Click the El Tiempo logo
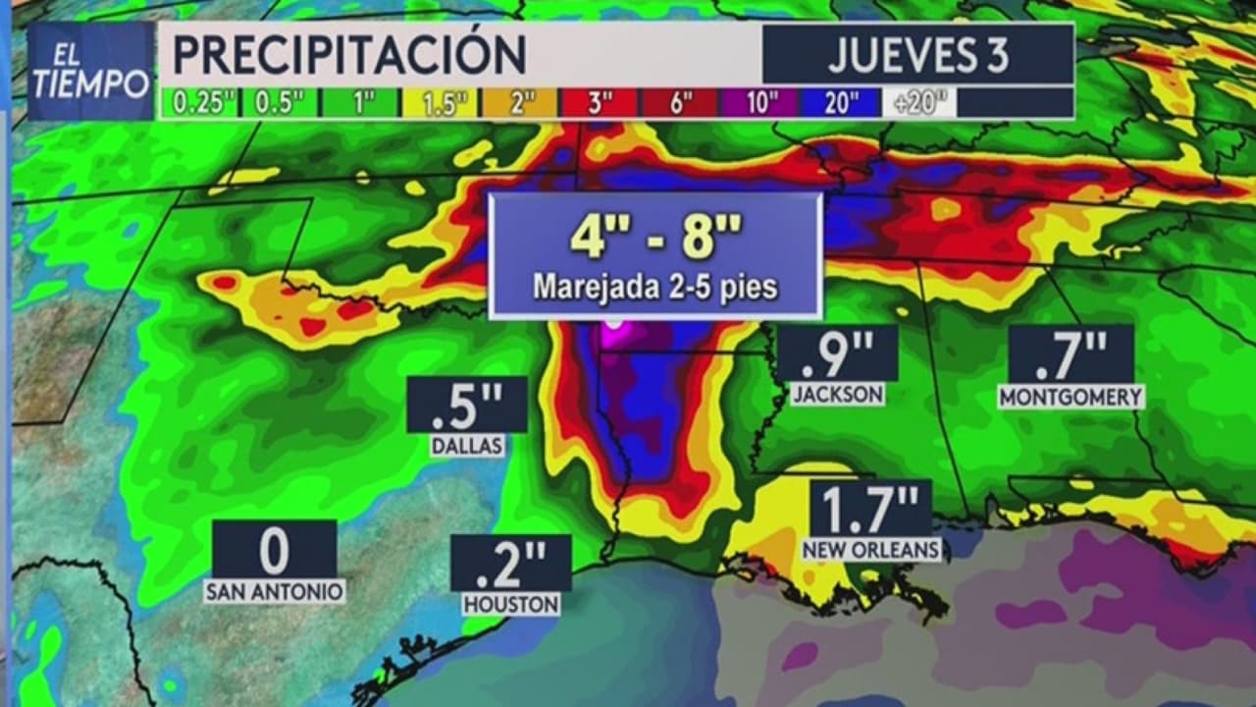point(90,71)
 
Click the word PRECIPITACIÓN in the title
point(349,55)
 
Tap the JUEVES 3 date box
point(917,55)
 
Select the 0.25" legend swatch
point(199,103)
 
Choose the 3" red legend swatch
point(599,103)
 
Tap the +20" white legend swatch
point(918,103)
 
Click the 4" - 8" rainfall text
point(655,239)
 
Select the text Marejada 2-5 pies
point(655,288)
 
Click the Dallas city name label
point(467,446)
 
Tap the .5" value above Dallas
point(467,405)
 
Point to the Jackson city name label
point(838,395)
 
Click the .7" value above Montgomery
point(1071,354)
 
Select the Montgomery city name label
point(1071,397)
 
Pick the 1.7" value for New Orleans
point(871,509)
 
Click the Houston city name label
point(511,604)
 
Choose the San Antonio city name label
point(274,591)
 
